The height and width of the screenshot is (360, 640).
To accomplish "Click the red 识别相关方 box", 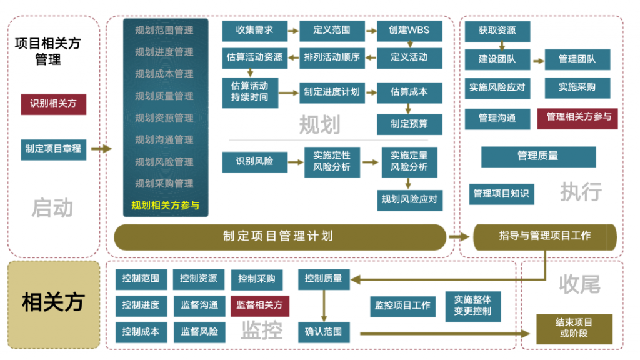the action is pos(54,104).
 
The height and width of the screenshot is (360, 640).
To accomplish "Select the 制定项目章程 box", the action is pos(54,149).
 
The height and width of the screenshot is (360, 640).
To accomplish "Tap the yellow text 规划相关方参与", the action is pos(165,205).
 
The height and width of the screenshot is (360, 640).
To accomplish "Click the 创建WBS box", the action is pos(409,31).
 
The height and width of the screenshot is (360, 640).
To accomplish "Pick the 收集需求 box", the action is pos(255,31).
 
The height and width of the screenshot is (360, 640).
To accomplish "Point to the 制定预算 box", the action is pos(409,124).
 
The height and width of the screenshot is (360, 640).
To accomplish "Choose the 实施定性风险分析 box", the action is pos(332,162).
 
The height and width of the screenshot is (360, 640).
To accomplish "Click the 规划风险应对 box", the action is pos(410,200).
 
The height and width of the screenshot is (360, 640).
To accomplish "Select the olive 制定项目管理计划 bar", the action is pos(280,237).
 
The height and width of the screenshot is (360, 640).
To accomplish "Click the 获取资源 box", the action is pos(497,31).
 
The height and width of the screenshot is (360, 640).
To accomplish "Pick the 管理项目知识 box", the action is pos(502,194).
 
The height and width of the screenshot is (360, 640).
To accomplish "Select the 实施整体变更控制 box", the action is pos(473,306).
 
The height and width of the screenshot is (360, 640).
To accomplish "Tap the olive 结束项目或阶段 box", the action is pos(574,329).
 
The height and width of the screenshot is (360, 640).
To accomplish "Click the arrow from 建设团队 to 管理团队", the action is pos(539,61).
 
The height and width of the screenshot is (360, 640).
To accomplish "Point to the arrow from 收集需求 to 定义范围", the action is pos(293,31).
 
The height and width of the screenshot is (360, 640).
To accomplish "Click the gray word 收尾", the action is pos(579,284).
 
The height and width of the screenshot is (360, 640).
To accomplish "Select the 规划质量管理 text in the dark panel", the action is pos(164,96).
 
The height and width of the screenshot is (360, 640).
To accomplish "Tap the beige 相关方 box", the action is pos(54,304).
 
